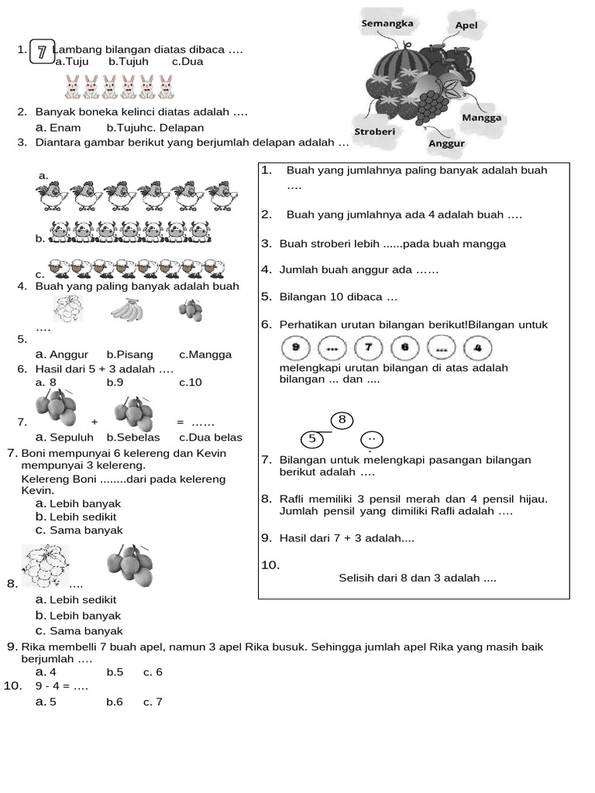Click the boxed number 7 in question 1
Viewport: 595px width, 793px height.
pyautogui.click(x=41, y=52)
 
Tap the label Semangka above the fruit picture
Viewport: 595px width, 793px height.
pyautogui.click(x=387, y=23)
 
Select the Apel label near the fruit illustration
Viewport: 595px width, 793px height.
pyautogui.click(x=466, y=26)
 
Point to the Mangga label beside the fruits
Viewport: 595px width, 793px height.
pyautogui.click(x=481, y=118)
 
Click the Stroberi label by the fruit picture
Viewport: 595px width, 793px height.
pyautogui.click(x=375, y=132)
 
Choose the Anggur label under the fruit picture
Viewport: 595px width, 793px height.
pyautogui.click(x=446, y=143)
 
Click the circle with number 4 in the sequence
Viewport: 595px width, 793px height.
pyautogui.click(x=477, y=348)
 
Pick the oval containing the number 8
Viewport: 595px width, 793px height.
pyautogui.click(x=342, y=420)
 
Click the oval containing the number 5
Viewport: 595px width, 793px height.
pyautogui.click(x=311, y=438)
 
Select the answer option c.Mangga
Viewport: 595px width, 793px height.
pyautogui.click(x=205, y=355)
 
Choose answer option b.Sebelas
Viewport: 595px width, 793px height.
pyautogui.click(x=133, y=437)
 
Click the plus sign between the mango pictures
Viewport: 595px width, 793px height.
pyautogui.click(x=94, y=422)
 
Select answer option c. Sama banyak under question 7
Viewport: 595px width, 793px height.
pyautogui.click(x=79, y=530)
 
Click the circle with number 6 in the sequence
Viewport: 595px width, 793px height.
pyautogui.click(x=404, y=348)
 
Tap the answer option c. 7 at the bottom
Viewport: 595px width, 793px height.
pyautogui.click(x=153, y=702)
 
